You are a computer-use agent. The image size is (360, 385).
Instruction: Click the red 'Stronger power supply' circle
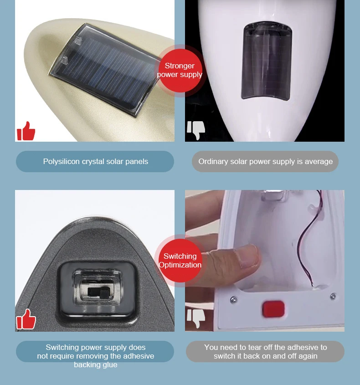pos(180,70)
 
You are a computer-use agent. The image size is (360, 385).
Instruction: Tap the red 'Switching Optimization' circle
pos(180,261)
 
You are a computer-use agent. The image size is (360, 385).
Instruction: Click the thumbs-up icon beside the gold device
pos(26,131)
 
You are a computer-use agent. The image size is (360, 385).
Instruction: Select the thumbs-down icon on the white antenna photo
pos(196,130)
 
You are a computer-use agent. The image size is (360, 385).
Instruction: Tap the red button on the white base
pos(273,309)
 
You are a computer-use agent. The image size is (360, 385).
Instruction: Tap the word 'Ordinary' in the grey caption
pos(213,161)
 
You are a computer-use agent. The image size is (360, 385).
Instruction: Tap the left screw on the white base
pos(233,299)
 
